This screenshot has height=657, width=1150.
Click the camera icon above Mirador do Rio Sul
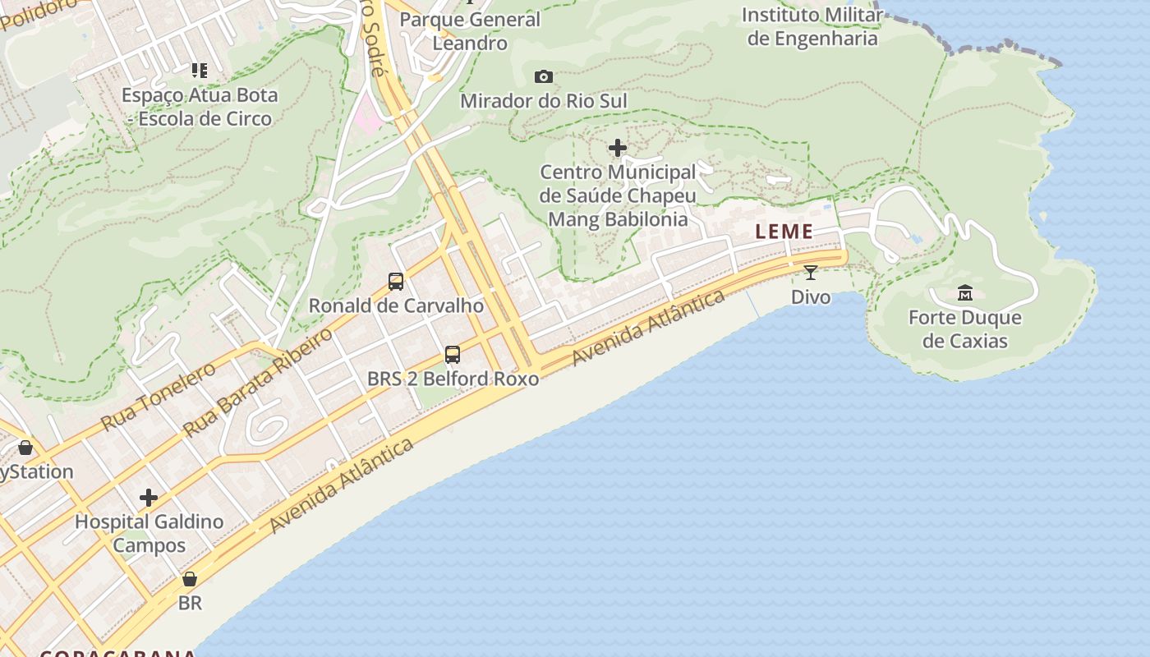click(x=543, y=77)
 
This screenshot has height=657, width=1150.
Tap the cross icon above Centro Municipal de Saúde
click(x=618, y=148)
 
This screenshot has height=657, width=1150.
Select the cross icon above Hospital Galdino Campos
click(x=149, y=498)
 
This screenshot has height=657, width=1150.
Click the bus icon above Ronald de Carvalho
click(x=396, y=282)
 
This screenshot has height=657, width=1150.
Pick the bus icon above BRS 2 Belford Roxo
click(x=453, y=355)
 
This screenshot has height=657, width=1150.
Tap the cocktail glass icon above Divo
click(x=811, y=273)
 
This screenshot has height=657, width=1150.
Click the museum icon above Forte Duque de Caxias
click(x=965, y=292)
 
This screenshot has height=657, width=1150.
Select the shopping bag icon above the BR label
click(x=190, y=579)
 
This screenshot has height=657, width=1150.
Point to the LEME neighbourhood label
click(x=784, y=232)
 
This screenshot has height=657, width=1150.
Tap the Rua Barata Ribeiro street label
click(x=257, y=383)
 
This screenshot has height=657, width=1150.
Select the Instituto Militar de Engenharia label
click(x=812, y=26)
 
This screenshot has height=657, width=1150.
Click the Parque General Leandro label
click(x=470, y=31)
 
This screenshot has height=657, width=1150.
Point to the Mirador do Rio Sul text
click(x=544, y=101)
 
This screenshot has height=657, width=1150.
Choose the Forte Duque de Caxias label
click(x=965, y=329)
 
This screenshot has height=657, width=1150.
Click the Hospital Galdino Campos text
click(x=149, y=533)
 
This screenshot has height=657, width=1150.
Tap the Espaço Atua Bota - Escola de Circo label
click(x=200, y=107)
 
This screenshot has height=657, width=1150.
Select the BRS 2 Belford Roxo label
click(x=453, y=379)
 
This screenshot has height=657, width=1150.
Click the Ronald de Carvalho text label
click(x=396, y=306)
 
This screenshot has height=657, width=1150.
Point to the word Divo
click(x=811, y=296)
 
